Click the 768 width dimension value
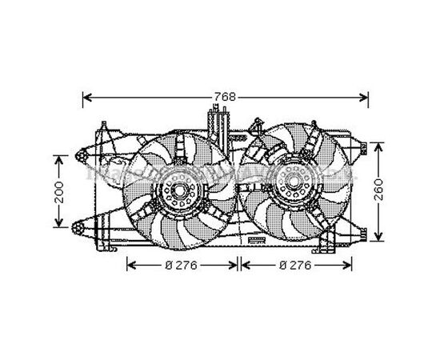225,97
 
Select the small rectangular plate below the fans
257,239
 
